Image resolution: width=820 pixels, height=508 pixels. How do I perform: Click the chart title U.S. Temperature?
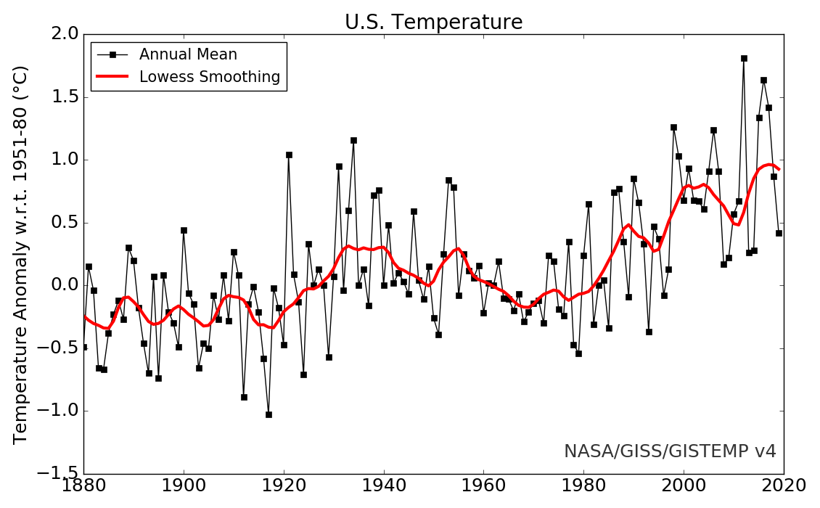(x=433, y=22)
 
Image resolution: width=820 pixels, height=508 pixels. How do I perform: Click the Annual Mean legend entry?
(x=188, y=54)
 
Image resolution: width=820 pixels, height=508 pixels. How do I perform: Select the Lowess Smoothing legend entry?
(x=209, y=77)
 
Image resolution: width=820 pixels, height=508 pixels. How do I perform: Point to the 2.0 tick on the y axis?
(x=60, y=34)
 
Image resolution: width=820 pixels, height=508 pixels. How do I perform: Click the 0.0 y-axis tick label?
(x=60, y=285)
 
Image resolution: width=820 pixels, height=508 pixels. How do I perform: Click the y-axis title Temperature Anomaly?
(x=21, y=254)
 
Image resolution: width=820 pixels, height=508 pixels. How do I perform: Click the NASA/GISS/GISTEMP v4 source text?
(x=670, y=451)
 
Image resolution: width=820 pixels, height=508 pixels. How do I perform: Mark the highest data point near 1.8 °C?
(x=744, y=58)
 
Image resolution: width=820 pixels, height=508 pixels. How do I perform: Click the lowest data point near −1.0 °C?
(x=268, y=414)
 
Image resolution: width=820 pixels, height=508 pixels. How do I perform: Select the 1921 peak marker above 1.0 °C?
(x=289, y=155)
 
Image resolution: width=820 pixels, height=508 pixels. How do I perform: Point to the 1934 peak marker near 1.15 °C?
(x=353, y=140)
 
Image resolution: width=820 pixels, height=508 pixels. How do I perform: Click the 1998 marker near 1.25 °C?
(x=673, y=127)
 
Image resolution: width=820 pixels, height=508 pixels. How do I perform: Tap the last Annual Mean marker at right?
(x=779, y=233)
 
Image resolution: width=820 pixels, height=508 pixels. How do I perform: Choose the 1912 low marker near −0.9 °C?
(x=244, y=397)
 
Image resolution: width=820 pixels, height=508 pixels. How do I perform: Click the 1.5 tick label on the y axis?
(x=60, y=97)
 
